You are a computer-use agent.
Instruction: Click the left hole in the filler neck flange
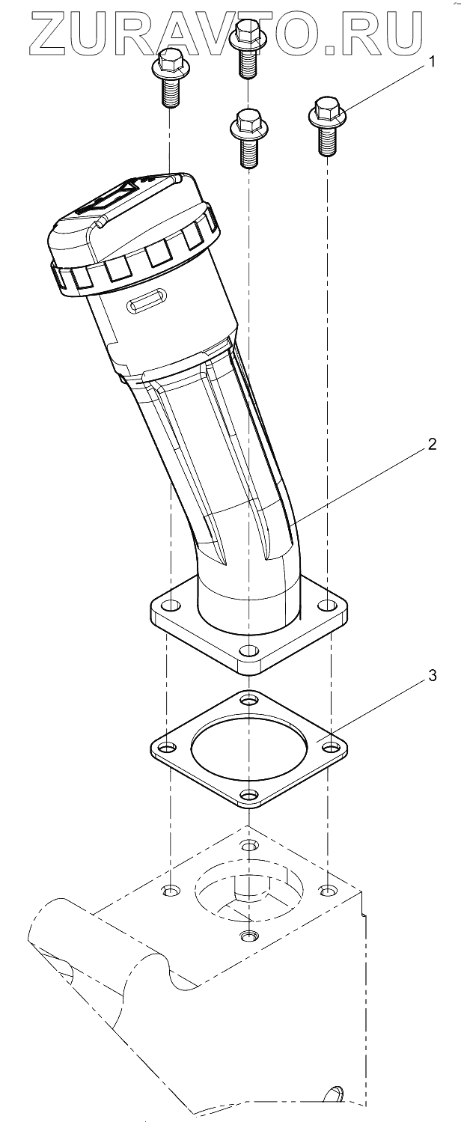tap(171, 605)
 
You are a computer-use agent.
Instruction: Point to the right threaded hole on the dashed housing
tap(327, 890)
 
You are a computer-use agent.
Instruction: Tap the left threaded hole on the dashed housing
tap(171, 891)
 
